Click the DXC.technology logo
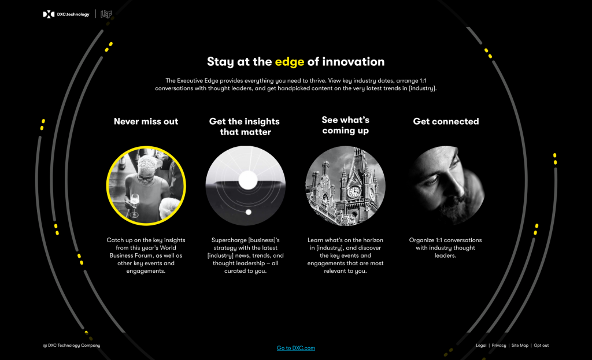pyautogui.click(x=66, y=14)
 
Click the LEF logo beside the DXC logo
pyautogui.click(x=106, y=14)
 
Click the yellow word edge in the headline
pyautogui.click(x=289, y=62)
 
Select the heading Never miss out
pyautogui.click(x=146, y=121)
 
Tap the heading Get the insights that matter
pyautogui.click(x=245, y=127)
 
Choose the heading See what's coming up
pyautogui.click(x=346, y=125)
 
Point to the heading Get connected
pyautogui.click(x=446, y=121)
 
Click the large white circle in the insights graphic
pyautogui.click(x=247, y=180)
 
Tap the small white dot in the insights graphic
pyautogui.click(x=249, y=212)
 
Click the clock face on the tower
pyautogui.click(x=354, y=192)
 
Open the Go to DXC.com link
pyautogui.click(x=295, y=348)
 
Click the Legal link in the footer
pyautogui.click(x=481, y=346)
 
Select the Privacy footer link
pyautogui.click(x=499, y=346)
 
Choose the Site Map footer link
pyautogui.click(x=520, y=346)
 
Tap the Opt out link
pyautogui.click(x=541, y=346)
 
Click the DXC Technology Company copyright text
pyautogui.click(x=72, y=346)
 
